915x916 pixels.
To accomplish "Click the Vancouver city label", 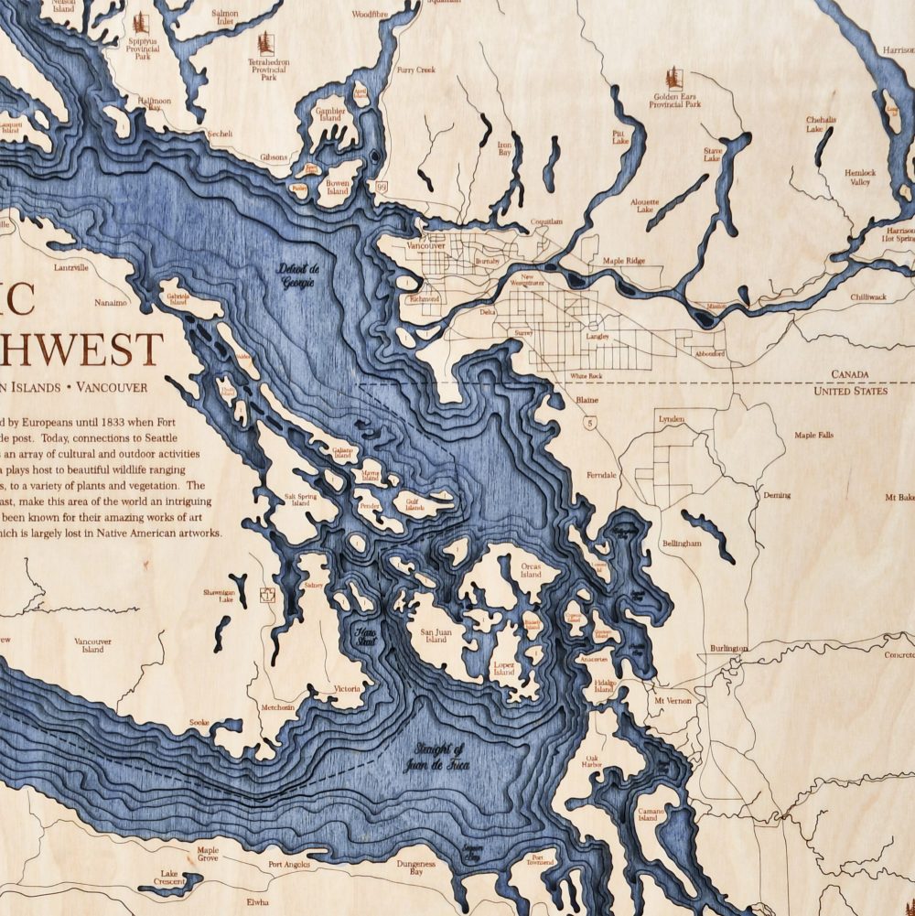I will (x=425, y=246).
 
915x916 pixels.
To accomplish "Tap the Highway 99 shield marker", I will (x=380, y=187).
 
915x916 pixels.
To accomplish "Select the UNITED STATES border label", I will (x=850, y=391).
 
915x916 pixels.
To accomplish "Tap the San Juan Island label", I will (x=436, y=635).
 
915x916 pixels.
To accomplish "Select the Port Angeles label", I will (x=289, y=864).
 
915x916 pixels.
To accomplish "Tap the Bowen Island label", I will (x=338, y=188).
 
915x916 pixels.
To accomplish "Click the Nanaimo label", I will (x=112, y=301).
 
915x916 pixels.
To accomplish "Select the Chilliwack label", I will (x=867, y=297).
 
